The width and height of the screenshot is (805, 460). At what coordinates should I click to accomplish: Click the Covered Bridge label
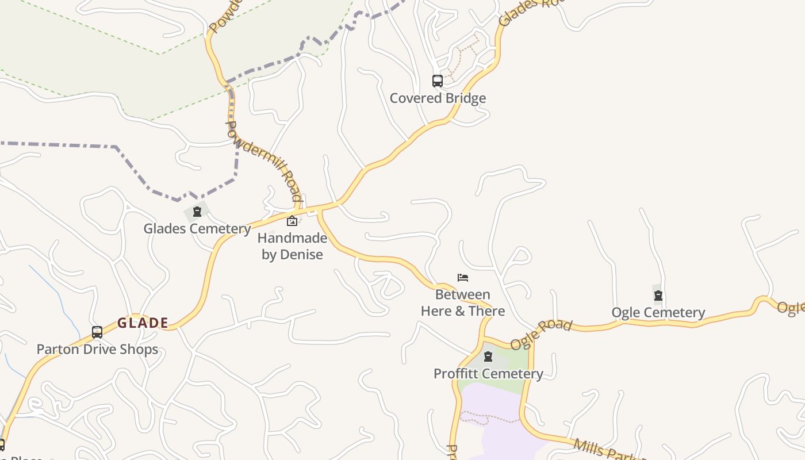[438, 98]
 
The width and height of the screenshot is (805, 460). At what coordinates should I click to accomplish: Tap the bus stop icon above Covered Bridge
[438, 81]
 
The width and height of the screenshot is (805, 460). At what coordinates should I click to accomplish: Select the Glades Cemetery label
[197, 229]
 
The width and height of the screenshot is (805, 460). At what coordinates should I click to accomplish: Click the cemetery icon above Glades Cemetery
[197, 212]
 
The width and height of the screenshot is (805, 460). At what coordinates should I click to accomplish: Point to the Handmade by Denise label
[292, 246]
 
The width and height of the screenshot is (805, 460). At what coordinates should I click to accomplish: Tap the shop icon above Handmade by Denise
[292, 221]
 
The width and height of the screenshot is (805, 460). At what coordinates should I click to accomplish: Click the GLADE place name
[143, 323]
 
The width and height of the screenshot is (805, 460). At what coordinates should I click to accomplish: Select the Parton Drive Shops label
[97, 350]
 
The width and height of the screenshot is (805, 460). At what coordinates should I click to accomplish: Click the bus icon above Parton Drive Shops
[97, 332]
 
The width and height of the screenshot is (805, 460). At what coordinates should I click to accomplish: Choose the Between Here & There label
[463, 303]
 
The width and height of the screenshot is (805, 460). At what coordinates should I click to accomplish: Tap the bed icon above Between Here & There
[463, 278]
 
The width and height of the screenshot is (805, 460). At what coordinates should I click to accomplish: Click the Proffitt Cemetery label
[488, 374]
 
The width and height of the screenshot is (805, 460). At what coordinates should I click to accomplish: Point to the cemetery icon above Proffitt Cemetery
[488, 357]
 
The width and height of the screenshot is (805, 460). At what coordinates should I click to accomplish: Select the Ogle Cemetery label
[658, 313]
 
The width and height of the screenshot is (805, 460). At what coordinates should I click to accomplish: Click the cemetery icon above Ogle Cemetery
[658, 296]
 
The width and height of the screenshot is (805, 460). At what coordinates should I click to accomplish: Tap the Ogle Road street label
[541, 333]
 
